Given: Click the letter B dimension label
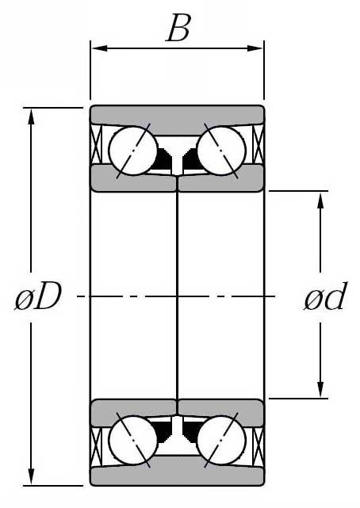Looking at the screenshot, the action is (x=178, y=28).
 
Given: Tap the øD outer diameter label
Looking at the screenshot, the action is (x=38, y=296).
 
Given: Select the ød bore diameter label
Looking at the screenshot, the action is (x=325, y=296).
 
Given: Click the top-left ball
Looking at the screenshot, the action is (x=133, y=151).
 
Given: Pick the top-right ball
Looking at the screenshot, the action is (x=221, y=151).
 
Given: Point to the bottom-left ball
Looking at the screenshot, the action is (x=133, y=441).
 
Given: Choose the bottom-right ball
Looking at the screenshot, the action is (x=221, y=441).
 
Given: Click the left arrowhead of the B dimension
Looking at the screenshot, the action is (x=99, y=48).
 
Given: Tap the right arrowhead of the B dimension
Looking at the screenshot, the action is (x=255, y=48).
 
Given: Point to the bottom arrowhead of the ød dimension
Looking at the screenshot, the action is (x=320, y=389).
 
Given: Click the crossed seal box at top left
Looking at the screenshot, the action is (x=96, y=144).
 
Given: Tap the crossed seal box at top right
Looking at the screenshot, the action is (x=258, y=144).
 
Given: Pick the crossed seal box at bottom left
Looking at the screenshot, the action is (x=96, y=447).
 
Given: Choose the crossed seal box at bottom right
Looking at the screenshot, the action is (x=258, y=447).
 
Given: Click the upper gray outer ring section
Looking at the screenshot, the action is (x=177, y=116).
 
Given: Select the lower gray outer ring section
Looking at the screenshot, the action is (x=177, y=476).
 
